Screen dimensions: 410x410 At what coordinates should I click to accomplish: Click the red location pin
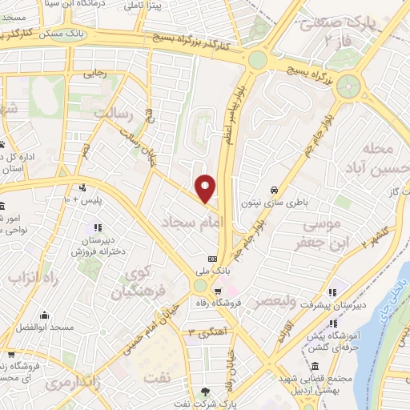pos(206,188)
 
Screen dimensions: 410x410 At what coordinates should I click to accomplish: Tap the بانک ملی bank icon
pos(212,259)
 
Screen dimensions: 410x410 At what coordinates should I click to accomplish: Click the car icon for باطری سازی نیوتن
pos(275,190)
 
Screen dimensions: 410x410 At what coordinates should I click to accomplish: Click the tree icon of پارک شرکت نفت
pos(206,392)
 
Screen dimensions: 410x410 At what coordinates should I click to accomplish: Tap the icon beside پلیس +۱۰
pos(82,188)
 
